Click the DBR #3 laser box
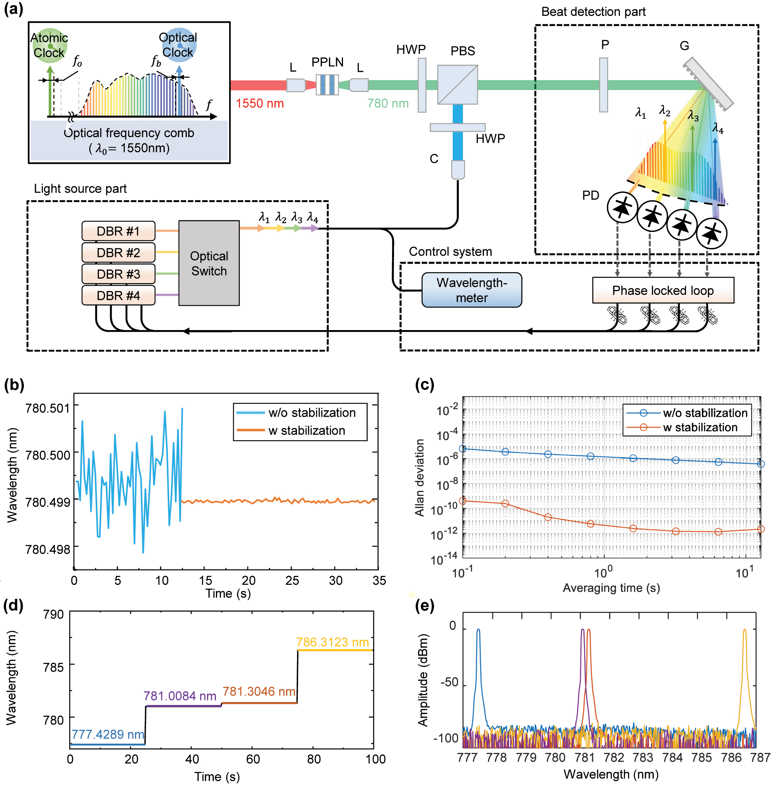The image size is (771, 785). point(118,274)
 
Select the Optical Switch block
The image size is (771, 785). point(209,264)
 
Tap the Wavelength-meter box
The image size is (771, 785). point(472,290)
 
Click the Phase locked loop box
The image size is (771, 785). point(663,291)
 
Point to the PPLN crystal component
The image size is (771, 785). point(327,85)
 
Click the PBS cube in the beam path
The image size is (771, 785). point(458,85)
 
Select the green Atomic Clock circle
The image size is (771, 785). point(49,45)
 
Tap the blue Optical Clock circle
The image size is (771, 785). point(178,45)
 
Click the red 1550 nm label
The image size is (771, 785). point(260,103)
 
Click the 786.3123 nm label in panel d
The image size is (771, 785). point(333,642)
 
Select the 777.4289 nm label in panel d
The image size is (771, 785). point(108,734)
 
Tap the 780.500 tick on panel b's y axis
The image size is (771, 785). point(48,455)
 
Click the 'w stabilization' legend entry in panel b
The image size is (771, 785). point(307,431)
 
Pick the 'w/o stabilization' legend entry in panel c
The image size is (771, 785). point(705,413)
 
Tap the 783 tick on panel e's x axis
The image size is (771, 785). point(643,758)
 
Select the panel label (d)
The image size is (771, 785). point(14,606)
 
